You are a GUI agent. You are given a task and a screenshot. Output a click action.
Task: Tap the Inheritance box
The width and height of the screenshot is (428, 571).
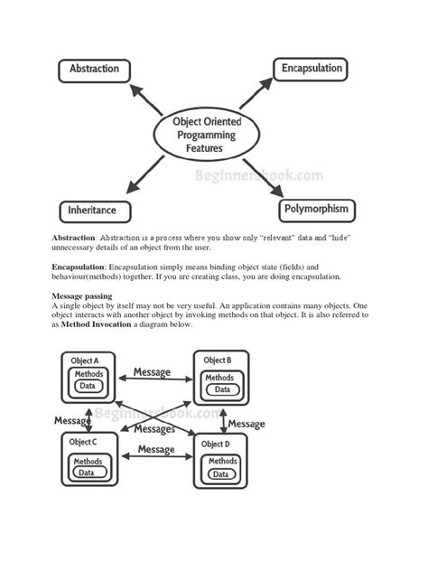coord(92,211)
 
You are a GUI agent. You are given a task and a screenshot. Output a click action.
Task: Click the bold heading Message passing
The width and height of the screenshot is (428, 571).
coord(83,296)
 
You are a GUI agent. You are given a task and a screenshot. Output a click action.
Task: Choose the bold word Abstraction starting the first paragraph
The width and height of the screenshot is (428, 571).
coord(72,237)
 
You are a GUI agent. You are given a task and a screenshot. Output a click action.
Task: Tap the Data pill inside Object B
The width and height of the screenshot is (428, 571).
coord(219,391)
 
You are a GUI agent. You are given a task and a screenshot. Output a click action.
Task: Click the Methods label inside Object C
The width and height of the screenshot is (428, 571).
coord(88,458)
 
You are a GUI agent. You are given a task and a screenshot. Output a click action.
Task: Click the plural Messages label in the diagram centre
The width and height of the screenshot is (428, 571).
coord(154,429)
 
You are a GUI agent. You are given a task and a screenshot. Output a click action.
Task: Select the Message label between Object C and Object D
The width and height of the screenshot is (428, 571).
coord(155,449)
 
